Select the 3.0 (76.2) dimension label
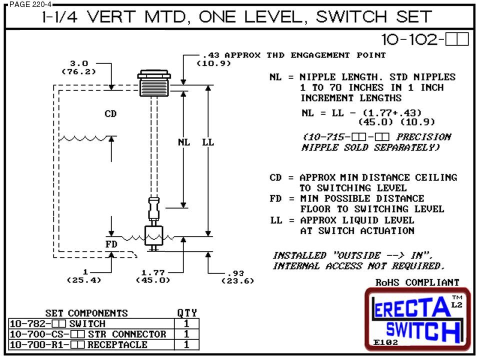click(78, 67)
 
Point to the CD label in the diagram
click(110, 114)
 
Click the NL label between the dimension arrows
click(184, 142)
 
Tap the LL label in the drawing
click(208, 142)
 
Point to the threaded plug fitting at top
click(153, 83)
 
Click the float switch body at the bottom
click(153, 235)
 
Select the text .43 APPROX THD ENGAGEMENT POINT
click(292, 55)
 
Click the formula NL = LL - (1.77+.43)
click(362, 113)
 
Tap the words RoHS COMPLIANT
click(417, 282)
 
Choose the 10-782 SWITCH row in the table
click(57, 324)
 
